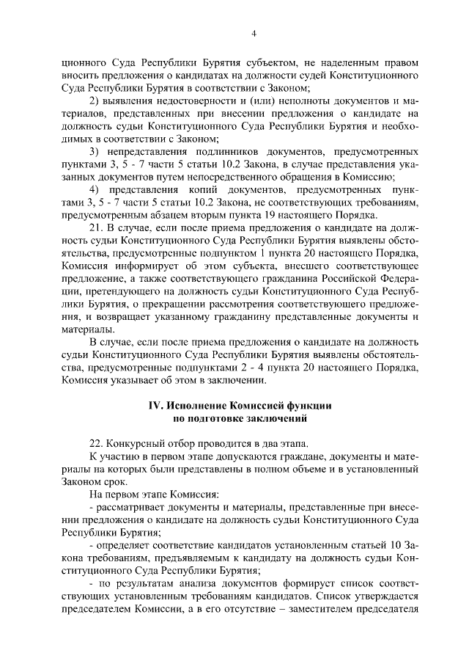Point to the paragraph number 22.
pos(95,444)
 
